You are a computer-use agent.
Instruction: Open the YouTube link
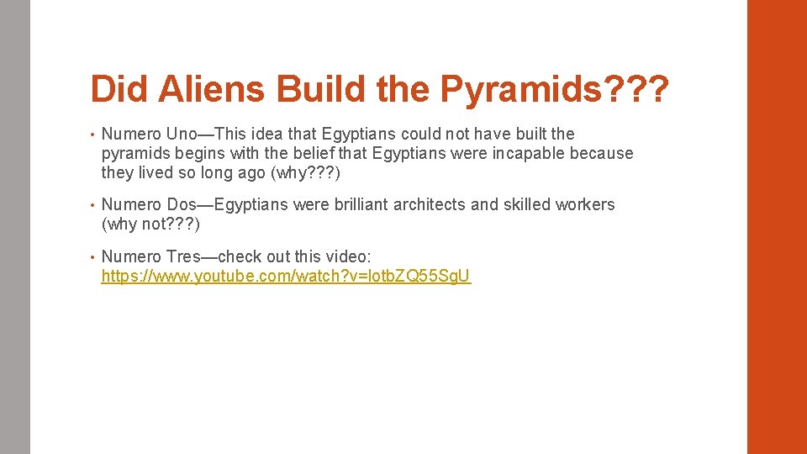pyautogui.click(x=286, y=276)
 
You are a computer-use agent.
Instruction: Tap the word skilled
pyautogui.click(x=527, y=204)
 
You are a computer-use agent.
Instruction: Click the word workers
pyautogui.click(x=585, y=204)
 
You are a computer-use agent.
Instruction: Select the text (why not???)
pyautogui.click(x=150, y=224)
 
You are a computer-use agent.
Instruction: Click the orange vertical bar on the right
pyautogui.click(x=777, y=227)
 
